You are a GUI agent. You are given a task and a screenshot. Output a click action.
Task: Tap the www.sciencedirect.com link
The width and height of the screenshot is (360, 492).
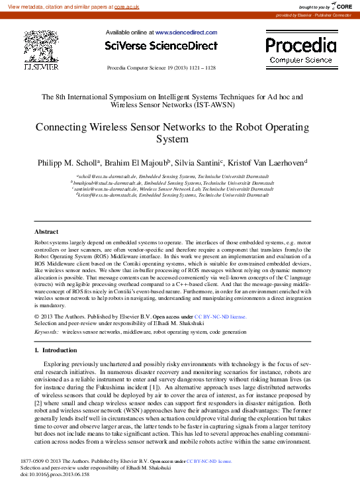[x=186, y=32]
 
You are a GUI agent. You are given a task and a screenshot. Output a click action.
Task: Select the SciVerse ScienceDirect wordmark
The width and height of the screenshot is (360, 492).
[x=161, y=46]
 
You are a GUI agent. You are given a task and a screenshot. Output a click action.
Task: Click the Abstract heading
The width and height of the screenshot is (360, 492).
[x=46, y=232]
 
